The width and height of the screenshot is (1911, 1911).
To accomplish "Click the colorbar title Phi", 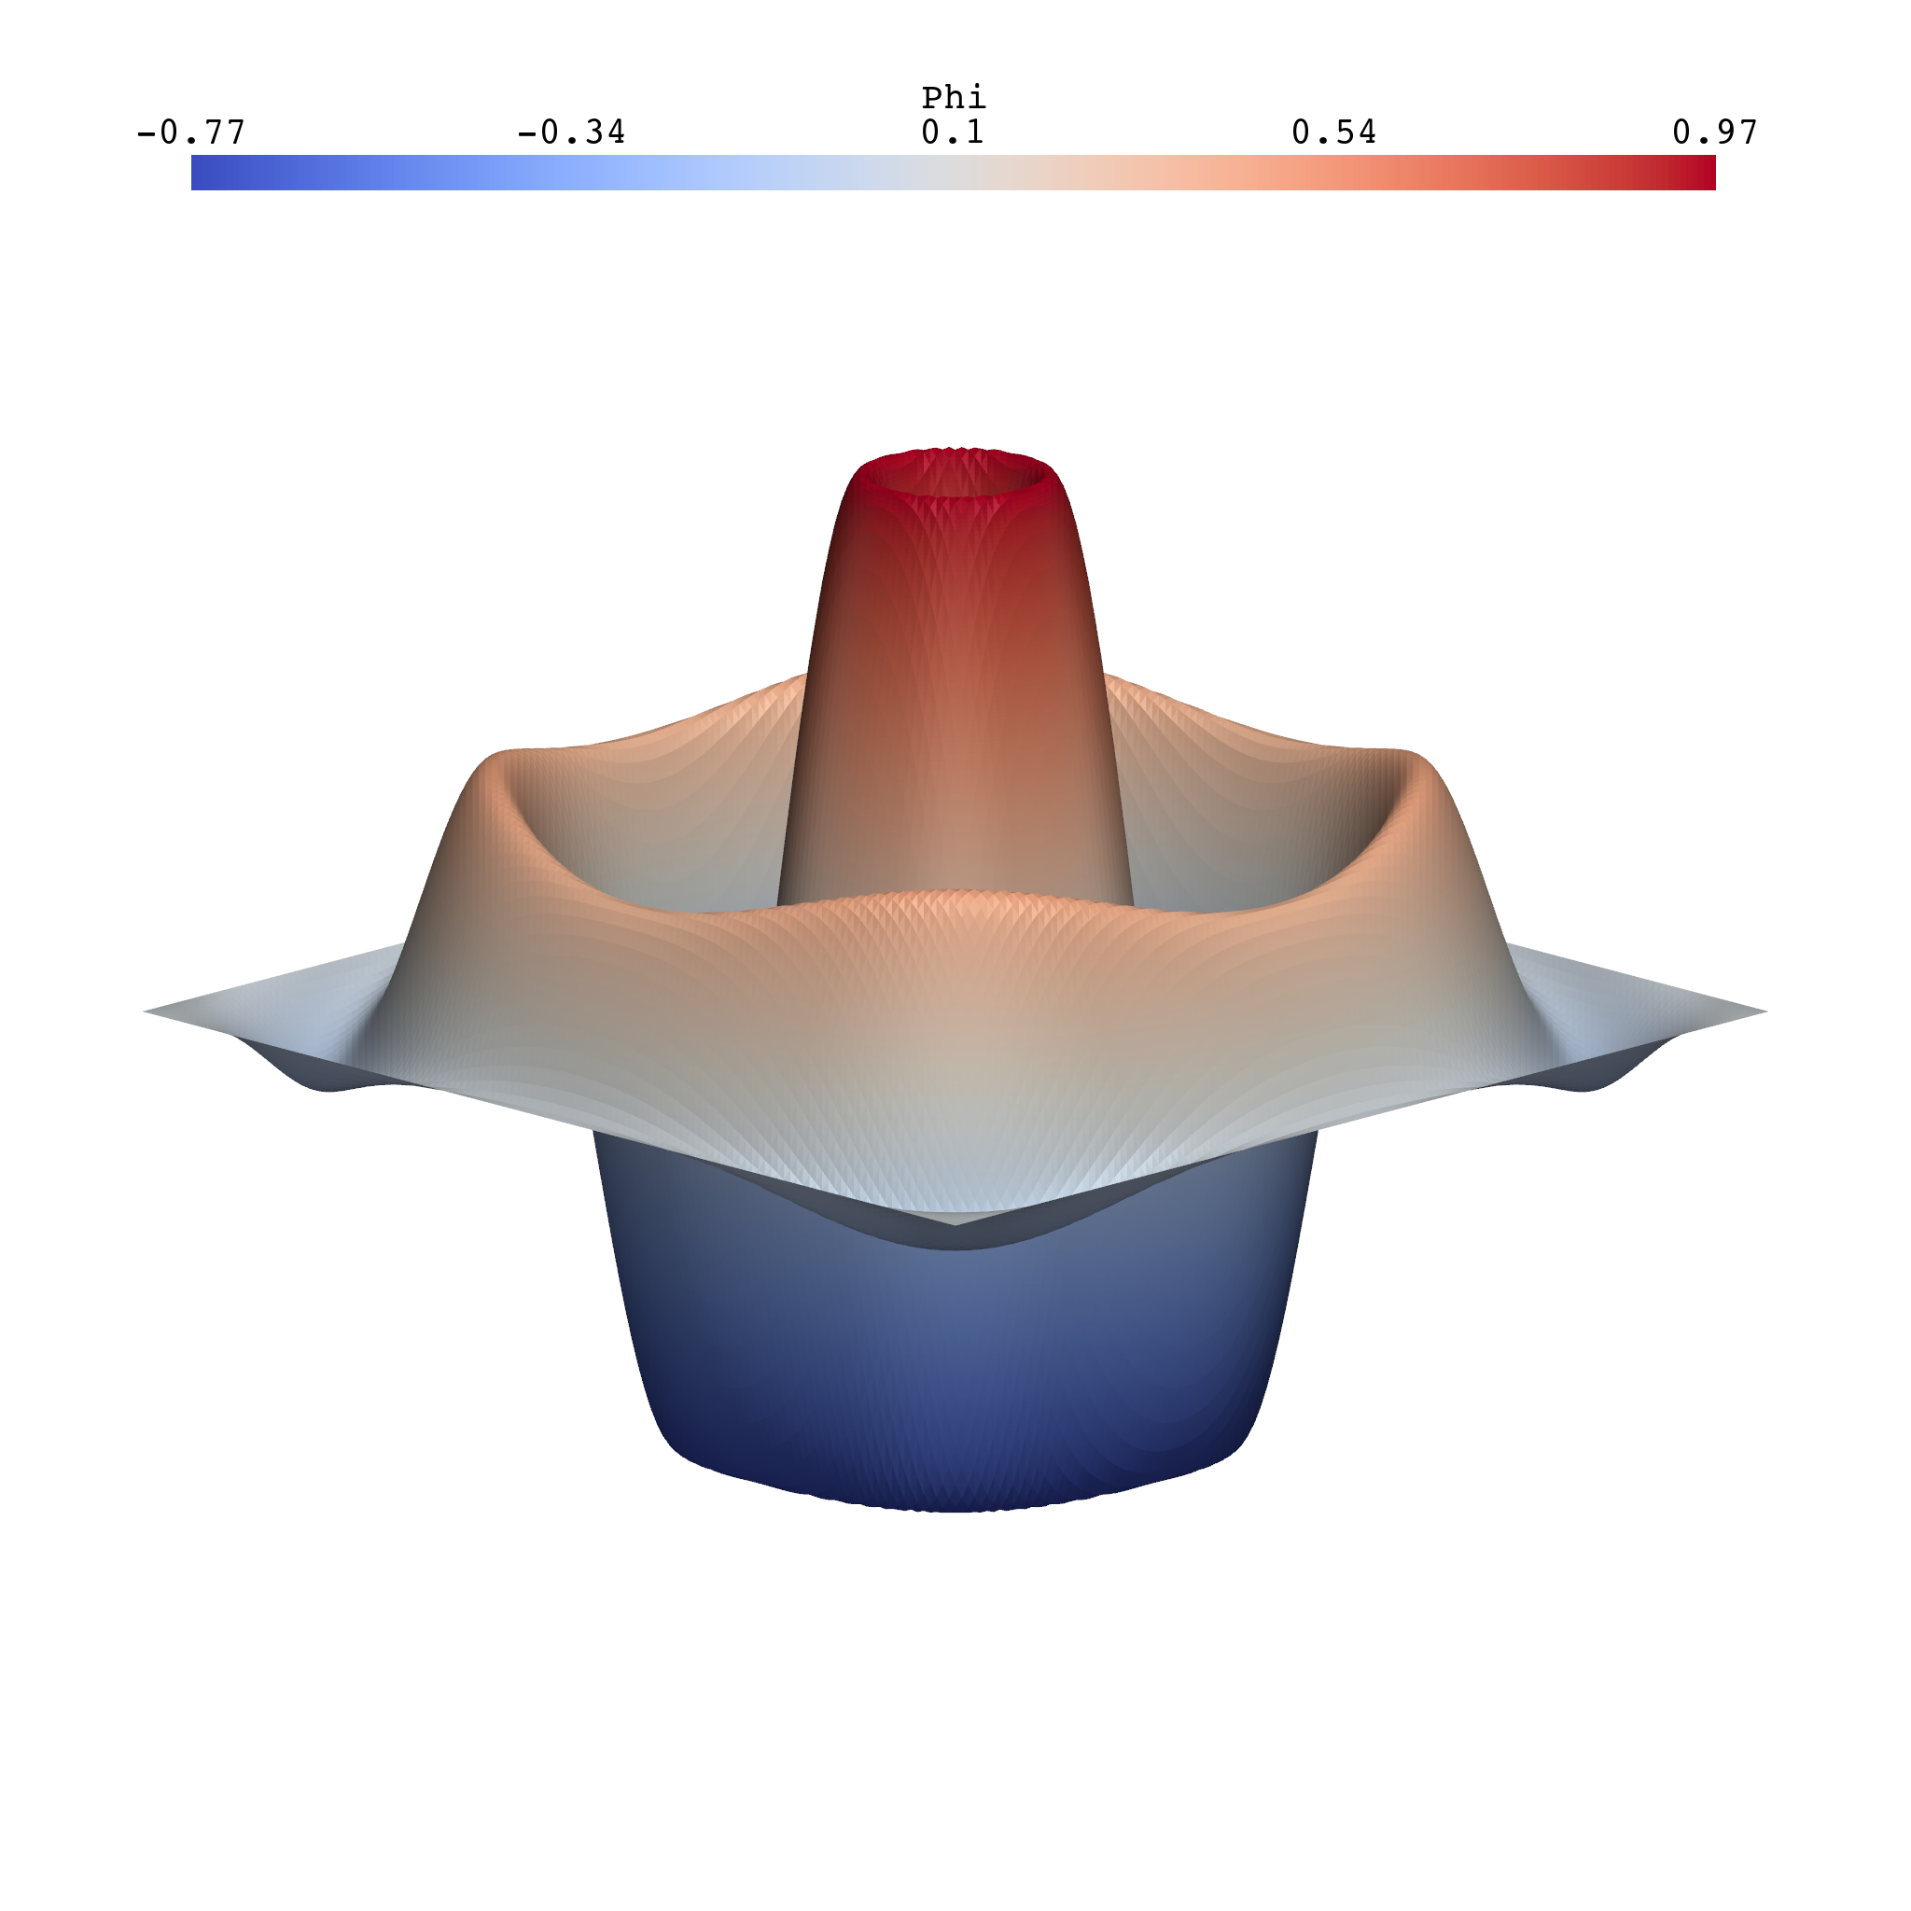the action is pyautogui.click(x=954, y=98).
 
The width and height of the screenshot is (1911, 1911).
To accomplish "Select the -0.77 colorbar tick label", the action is pyautogui.click(x=190, y=133).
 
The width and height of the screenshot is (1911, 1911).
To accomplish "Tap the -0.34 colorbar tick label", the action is pyautogui.click(x=571, y=133).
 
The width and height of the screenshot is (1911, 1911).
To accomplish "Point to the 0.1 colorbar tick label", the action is pyautogui.click(x=953, y=133).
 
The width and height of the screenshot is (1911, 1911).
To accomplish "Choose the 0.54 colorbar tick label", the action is pyautogui.click(x=1333, y=133).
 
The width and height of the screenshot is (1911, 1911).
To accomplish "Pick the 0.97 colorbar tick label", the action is pyautogui.click(x=1714, y=133).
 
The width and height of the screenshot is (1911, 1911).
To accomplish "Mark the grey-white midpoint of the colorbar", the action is pyautogui.click(x=954, y=172).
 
